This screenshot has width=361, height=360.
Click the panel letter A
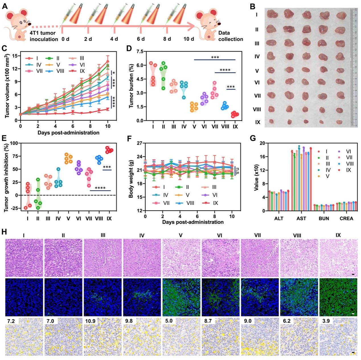coord(5,6)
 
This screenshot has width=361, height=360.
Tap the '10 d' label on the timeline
coord(189,39)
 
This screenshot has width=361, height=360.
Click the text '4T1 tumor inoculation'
coord(44,36)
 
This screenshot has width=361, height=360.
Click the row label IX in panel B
coord(258,122)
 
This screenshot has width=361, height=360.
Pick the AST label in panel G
coord(301,218)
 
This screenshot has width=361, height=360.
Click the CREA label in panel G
coord(346,218)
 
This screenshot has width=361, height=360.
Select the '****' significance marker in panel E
coord(100,188)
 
